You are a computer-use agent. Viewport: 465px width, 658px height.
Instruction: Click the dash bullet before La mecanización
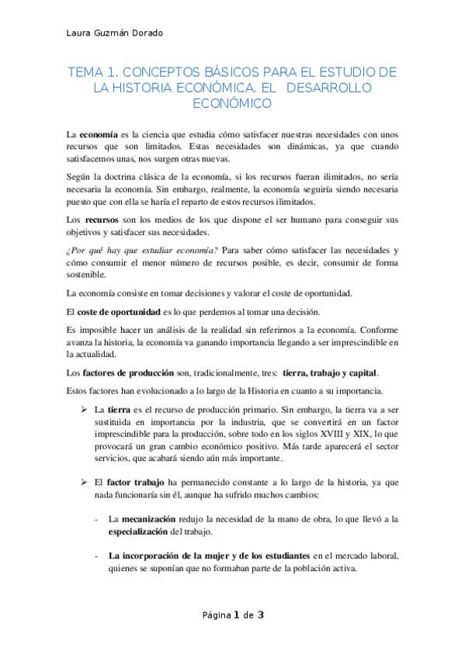point(95,518)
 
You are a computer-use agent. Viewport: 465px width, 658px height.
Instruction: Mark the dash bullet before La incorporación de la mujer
point(95,556)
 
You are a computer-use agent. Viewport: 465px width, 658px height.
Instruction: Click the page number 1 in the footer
point(236,615)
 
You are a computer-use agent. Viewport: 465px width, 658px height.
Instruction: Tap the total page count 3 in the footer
point(261,615)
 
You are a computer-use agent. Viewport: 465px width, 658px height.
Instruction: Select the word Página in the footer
point(217,616)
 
